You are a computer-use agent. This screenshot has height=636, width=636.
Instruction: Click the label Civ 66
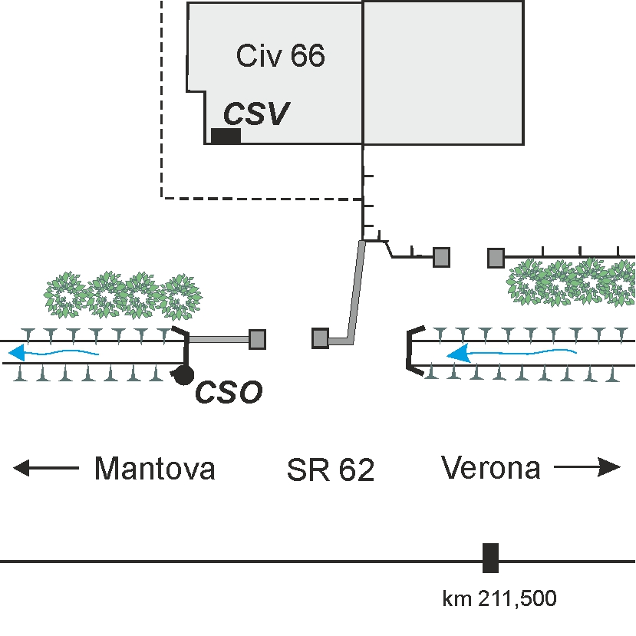point(281,55)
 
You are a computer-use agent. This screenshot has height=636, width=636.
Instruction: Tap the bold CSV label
point(256,114)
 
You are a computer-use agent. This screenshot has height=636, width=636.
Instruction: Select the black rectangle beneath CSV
point(226,136)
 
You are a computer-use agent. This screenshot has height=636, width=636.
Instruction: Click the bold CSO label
point(229,392)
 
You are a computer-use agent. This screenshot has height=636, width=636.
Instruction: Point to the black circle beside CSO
point(184,375)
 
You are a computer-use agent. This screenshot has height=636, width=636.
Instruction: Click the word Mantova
point(154,469)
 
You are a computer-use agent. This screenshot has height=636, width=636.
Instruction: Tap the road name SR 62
point(331,470)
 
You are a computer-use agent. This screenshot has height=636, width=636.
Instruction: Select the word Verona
point(491,468)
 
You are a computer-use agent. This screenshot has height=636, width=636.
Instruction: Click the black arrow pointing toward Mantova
point(46,468)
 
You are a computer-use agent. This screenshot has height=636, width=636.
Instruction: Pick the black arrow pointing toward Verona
point(588,467)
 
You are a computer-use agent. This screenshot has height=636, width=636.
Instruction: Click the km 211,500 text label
point(499,598)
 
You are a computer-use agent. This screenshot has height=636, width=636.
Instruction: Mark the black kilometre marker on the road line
point(490,558)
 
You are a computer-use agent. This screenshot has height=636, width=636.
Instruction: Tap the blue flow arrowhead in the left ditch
point(17,352)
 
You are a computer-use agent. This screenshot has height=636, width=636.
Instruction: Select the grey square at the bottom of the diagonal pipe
point(320,338)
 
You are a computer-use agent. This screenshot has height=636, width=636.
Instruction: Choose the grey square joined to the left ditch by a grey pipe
point(257,339)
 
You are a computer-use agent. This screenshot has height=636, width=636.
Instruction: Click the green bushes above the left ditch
point(123,295)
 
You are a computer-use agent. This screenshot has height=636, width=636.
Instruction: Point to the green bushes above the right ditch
point(571,282)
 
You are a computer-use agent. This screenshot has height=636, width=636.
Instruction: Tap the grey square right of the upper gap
point(496,258)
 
